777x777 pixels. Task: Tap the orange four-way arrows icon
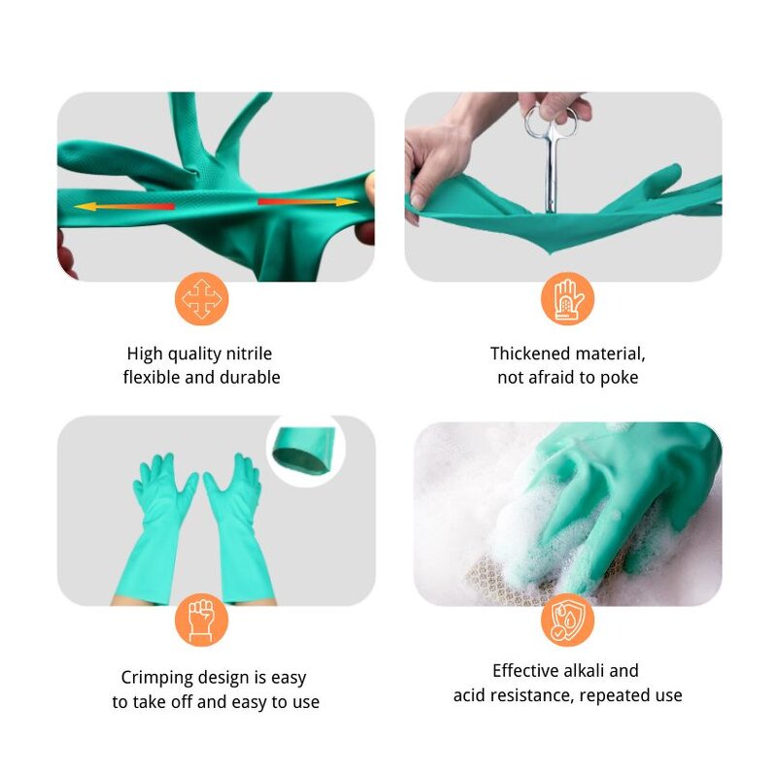202,298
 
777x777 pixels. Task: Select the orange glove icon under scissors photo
567,298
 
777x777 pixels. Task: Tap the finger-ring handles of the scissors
551,121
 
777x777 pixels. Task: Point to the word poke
619,377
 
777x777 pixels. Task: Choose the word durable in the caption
250,377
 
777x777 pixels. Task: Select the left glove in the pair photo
160,524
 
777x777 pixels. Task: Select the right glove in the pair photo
236,524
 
